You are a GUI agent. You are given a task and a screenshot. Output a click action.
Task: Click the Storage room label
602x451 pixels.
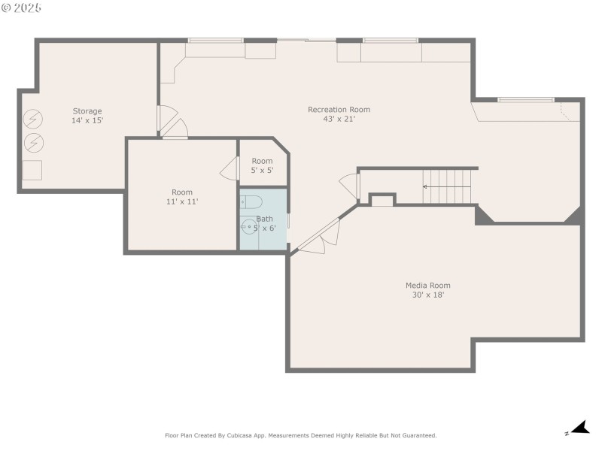pos(87,111)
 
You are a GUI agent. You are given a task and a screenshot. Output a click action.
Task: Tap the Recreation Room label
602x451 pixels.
pos(339,110)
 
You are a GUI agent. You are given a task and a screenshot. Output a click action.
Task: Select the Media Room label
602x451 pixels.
pos(428,286)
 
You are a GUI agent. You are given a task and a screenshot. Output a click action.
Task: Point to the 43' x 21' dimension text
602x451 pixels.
pos(339,119)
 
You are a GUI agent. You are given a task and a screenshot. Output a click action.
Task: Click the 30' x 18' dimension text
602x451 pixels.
pos(428,295)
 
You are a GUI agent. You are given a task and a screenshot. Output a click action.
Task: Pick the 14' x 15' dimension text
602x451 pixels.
pos(87,120)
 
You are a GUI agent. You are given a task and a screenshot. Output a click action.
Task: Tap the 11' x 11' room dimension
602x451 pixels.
pos(182,201)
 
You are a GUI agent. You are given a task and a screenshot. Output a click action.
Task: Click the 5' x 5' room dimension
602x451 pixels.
pos(262,171)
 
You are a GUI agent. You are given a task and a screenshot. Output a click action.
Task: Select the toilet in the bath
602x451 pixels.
pos(251,201)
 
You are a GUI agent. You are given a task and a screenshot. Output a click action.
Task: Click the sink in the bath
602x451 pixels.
pos(249,227)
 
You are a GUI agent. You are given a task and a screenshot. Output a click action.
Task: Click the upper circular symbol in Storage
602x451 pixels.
pos(33,119)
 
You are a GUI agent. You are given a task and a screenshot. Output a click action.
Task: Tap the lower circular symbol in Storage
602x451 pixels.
pos(34,143)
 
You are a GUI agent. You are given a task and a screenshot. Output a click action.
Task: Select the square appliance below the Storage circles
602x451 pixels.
pos(32,171)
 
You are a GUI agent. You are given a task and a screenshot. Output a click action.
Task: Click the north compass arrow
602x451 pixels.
pos(580,427)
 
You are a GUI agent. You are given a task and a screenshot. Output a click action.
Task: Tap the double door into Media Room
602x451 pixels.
pos(319,237)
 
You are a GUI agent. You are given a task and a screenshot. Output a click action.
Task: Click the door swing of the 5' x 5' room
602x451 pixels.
pos(230,168)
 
